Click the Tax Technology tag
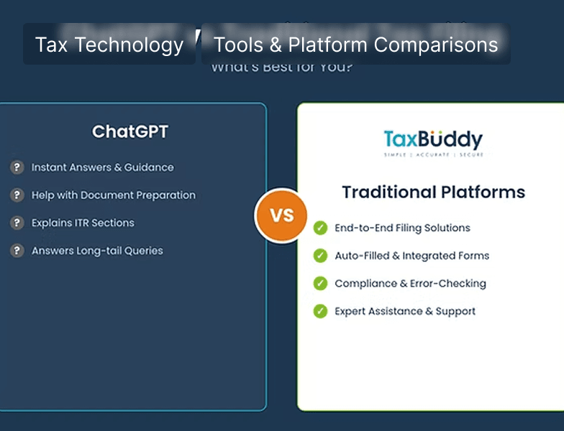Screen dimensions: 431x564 point(109,45)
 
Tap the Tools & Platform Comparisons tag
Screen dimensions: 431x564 point(355,45)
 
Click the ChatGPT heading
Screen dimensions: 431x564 point(130,132)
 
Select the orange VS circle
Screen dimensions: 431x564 point(281,215)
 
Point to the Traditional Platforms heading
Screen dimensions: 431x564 point(433,193)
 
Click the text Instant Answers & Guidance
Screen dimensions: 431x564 point(102,167)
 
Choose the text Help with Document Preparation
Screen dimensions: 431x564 point(113,195)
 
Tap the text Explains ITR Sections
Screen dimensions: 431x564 point(83,223)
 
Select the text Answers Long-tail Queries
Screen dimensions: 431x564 point(97,251)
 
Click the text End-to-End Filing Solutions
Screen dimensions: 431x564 point(402,228)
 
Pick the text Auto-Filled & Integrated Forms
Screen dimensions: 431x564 point(411,256)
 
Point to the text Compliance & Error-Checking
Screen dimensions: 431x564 point(410,283)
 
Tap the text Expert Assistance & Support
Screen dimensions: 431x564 point(405,311)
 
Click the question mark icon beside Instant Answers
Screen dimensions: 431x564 point(17,167)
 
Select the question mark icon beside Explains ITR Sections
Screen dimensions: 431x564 point(17,223)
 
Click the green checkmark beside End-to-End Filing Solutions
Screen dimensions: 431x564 point(320,228)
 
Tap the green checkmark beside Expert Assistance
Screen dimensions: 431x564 point(320,311)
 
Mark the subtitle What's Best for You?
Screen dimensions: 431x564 point(281,68)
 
